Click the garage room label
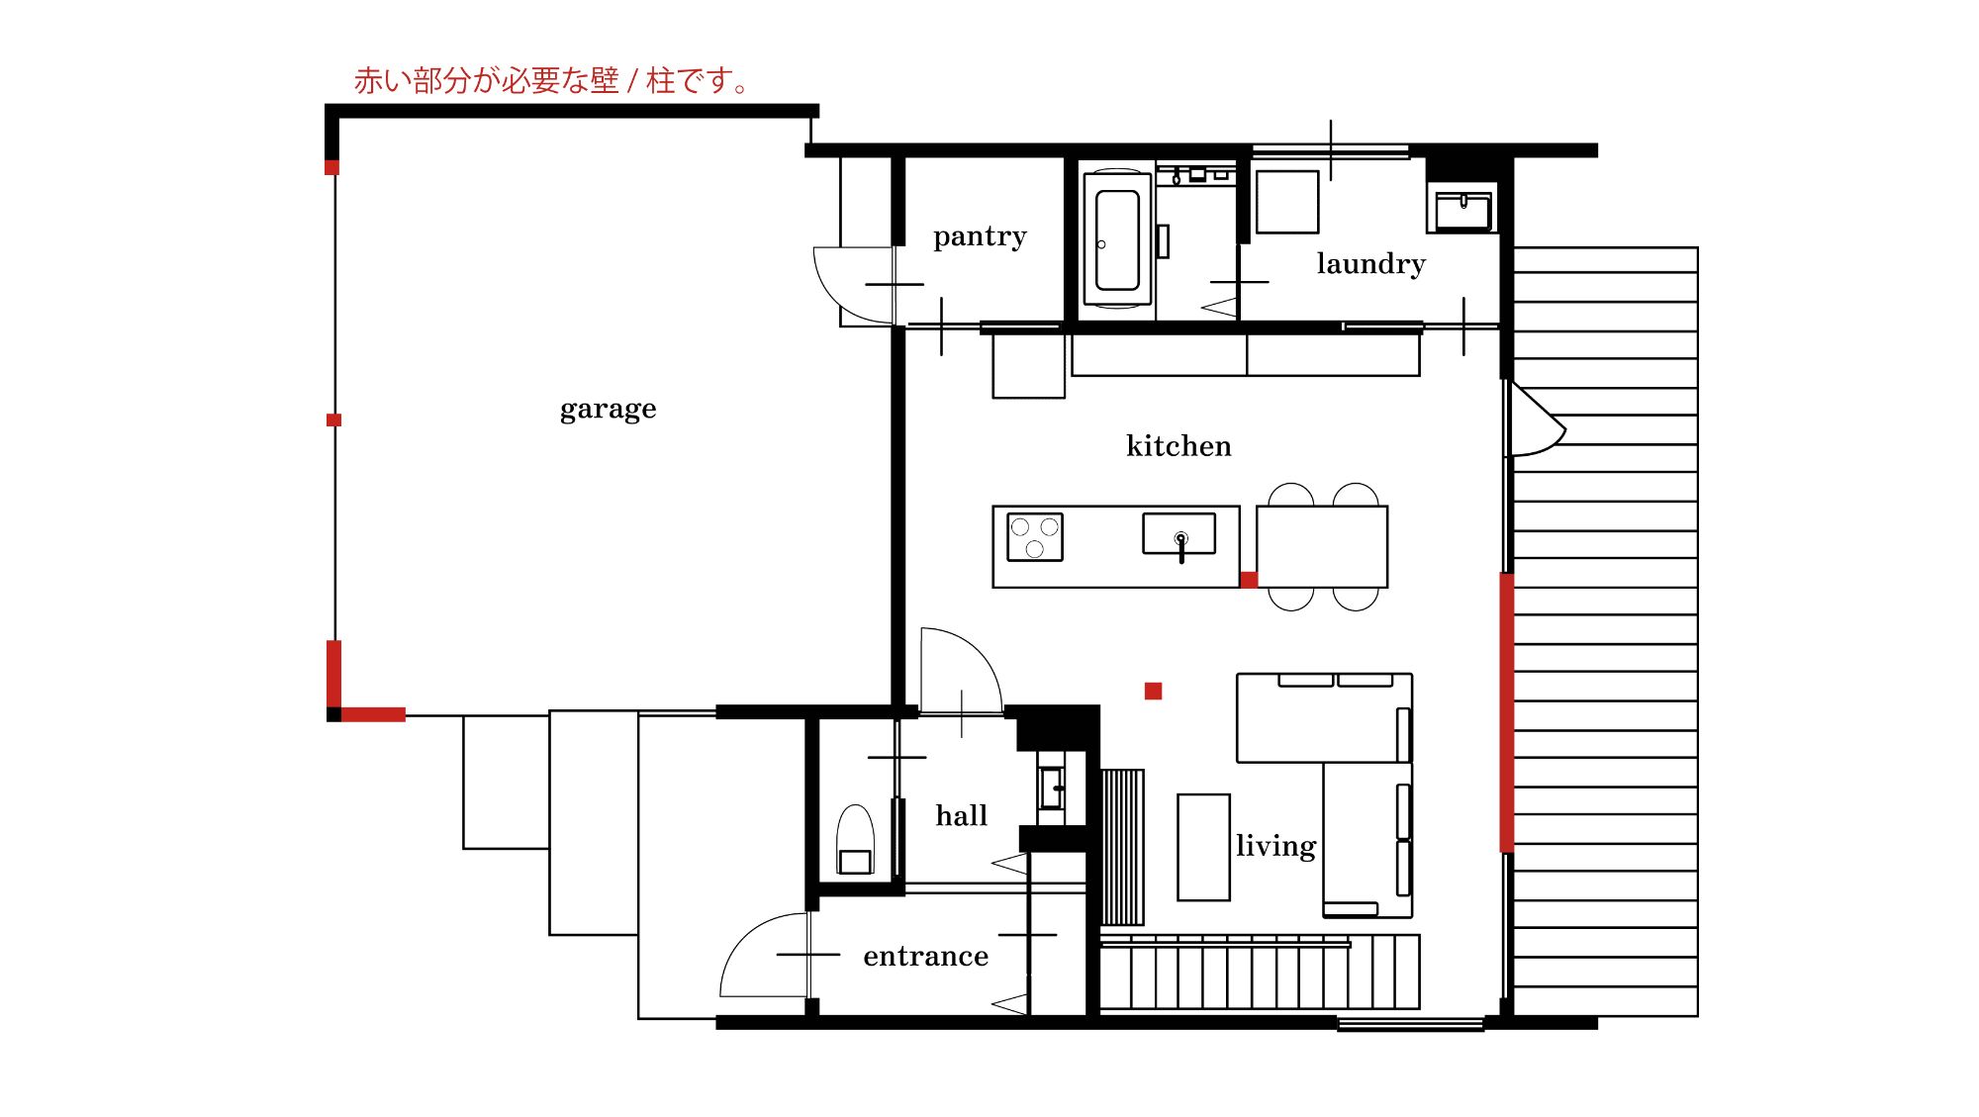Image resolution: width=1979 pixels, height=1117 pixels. [x=608, y=410]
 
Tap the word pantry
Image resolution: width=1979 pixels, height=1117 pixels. [x=980, y=236]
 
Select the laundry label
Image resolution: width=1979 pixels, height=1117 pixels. [x=1370, y=264]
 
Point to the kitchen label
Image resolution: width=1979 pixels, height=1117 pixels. [x=1178, y=446]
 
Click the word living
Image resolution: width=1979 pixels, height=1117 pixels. [x=1275, y=846]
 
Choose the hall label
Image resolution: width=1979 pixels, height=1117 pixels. [x=962, y=815]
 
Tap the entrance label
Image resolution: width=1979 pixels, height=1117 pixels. [x=925, y=957]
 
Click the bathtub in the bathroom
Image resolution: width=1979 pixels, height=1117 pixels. [x=1117, y=239]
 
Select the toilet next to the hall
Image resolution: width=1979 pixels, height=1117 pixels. [x=855, y=839]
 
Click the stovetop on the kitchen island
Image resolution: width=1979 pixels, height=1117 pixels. [x=1035, y=537]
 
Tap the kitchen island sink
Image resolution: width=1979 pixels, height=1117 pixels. [x=1178, y=534]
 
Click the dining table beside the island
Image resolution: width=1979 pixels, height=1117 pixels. [x=1322, y=547]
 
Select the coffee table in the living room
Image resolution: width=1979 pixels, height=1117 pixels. [x=1203, y=847]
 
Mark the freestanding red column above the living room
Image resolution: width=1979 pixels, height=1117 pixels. [x=1153, y=691]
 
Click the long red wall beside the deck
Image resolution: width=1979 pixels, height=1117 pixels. [x=1506, y=712]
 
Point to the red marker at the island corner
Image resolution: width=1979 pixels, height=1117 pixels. [x=1249, y=580]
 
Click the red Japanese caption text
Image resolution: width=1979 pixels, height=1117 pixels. [x=552, y=80]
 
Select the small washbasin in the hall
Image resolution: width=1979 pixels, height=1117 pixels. [x=1051, y=789]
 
